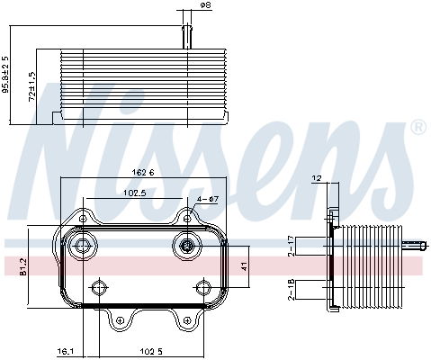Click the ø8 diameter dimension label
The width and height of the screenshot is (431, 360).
coord(205,5)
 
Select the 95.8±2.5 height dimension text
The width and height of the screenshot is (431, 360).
coord(5,74)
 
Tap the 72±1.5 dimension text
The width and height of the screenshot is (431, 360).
coord(31,86)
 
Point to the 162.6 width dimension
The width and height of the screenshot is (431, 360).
coord(143,173)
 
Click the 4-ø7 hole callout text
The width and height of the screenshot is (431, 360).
coord(208,199)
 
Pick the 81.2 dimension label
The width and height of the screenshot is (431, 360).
coord(23,266)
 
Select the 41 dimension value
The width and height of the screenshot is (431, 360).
coord(244,266)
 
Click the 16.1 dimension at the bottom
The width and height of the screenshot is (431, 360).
coord(65,351)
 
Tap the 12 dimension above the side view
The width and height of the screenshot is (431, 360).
coord(317,178)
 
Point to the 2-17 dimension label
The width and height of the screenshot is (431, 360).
coord(291,246)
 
